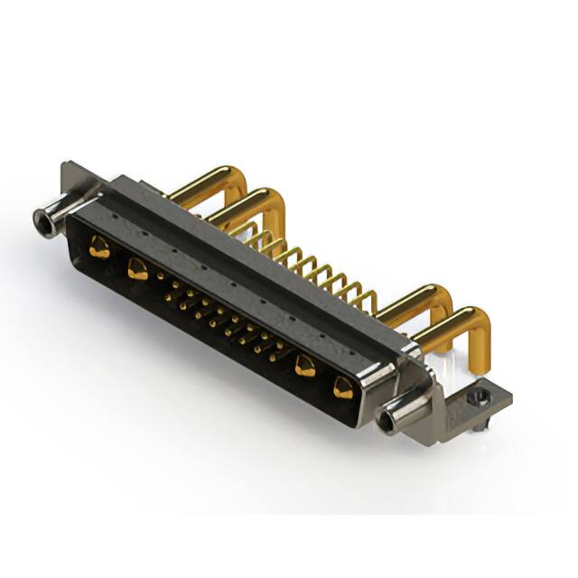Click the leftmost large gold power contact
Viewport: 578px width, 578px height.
pos(100,247)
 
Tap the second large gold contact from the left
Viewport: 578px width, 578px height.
pos(137,267)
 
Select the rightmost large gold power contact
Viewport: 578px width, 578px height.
pos(343,388)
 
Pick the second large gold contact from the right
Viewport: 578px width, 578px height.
pos(306,366)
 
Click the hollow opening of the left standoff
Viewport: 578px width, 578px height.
pos(41,219)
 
